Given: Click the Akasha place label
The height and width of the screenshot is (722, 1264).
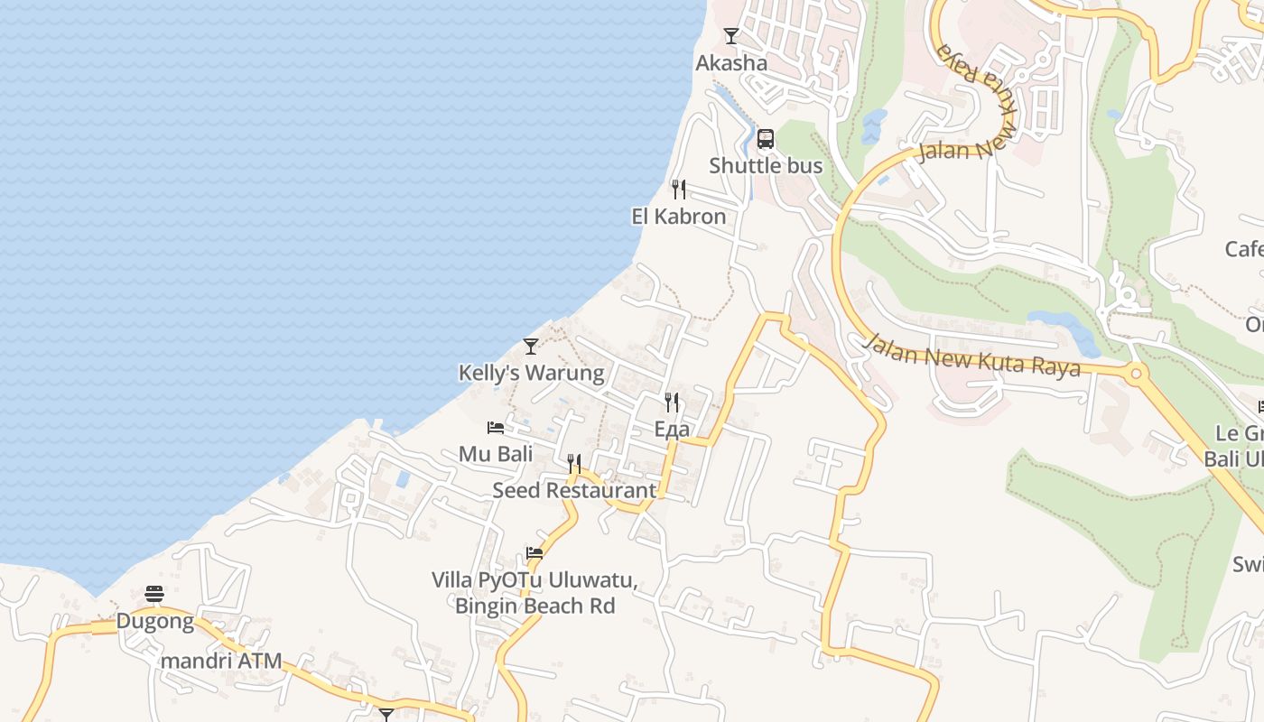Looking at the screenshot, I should [x=731, y=63].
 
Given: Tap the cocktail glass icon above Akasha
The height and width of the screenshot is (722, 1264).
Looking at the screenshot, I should [x=731, y=36].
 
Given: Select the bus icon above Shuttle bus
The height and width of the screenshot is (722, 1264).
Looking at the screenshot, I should [x=766, y=139].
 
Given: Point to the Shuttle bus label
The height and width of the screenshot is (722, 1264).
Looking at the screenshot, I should [x=766, y=166].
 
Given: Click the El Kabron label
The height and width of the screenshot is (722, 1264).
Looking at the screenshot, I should [x=678, y=217].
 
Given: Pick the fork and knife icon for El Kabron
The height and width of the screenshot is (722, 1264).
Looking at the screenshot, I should [x=678, y=190].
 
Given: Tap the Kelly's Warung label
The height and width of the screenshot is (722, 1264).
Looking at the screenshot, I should [x=531, y=373].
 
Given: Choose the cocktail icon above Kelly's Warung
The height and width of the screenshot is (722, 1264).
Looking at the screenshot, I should [x=531, y=347].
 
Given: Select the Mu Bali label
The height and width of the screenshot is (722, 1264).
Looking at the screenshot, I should [x=496, y=454].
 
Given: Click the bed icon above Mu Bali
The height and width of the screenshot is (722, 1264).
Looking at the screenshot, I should [x=496, y=428].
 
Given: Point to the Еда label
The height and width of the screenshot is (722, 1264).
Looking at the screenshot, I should [x=672, y=429].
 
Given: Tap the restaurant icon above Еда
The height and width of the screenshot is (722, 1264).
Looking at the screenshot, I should [x=672, y=402].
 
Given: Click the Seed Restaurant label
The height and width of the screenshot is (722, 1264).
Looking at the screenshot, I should [x=574, y=491].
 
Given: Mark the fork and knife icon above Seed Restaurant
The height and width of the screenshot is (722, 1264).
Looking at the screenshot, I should [x=574, y=465].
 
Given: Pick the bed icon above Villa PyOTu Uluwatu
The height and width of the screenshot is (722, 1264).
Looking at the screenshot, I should [x=534, y=553].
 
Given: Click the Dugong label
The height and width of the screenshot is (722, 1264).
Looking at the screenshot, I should [x=154, y=621].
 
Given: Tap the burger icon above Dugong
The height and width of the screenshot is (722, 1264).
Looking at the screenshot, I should [x=154, y=594].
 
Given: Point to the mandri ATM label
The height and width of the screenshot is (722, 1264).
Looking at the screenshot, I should [x=221, y=662].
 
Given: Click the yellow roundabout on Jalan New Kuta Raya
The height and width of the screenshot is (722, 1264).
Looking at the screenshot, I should [x=1135, y=372].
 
